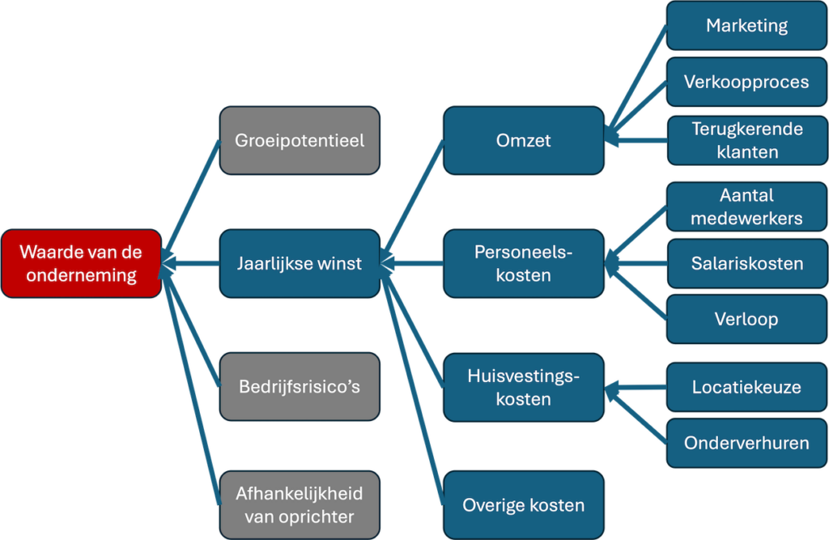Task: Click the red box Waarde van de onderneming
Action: (x=81, y=263)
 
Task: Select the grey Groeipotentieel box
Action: (x=300, y=140)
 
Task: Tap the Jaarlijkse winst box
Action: (x=300, y=263)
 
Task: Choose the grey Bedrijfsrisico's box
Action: (x=300, y=386)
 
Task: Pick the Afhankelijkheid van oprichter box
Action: (x=300, y=504)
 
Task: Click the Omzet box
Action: (x=523, y=140)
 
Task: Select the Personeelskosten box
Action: (x=523, y=263)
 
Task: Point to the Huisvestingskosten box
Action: (x=523, y=387)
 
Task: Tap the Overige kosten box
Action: (x=523, y=505)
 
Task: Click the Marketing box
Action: (x=746, y=25)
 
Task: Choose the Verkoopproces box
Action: (x=746, y=82)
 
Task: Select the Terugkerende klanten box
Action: (x=746, y=140)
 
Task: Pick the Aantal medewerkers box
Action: (x=746, y=206)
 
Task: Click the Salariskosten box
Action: (x=746, y=263)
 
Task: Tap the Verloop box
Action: (x=746, y=318)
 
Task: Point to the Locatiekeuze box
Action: (x=746, y=387)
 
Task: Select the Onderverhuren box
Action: (x=746, y=443)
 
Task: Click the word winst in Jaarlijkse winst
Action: (x=338, y=263)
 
